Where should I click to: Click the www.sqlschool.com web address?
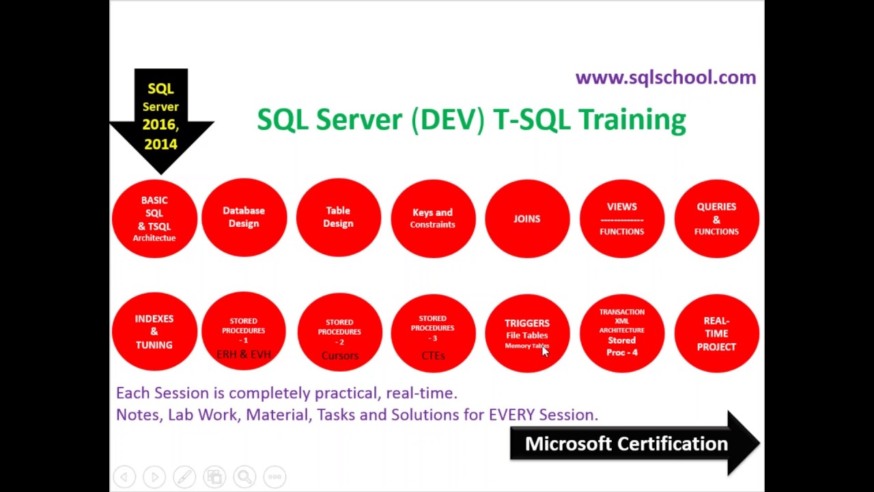665,77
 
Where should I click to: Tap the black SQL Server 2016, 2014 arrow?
161,117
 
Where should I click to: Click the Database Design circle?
244,217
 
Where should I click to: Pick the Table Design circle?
338,217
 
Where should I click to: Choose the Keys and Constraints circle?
433,218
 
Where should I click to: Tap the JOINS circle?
526,219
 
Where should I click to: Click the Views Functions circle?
621,219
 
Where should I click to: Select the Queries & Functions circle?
716,219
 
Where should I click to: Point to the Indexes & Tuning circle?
154,331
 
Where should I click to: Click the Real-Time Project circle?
716,333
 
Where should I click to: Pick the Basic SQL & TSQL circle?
154,219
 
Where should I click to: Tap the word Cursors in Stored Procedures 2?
339,355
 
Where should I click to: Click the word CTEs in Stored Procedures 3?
433,355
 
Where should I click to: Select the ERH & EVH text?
244,354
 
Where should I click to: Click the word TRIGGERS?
526,323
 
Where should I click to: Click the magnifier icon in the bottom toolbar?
244,476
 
